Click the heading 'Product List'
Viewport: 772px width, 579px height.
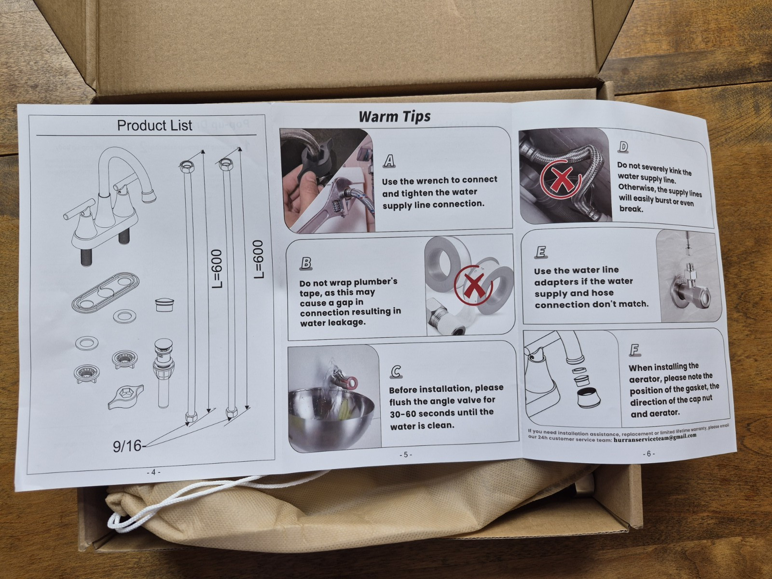coord(154,125)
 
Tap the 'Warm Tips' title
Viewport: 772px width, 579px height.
coord(395,116)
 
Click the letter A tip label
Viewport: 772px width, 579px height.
coord(388,161)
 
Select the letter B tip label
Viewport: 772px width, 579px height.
coord(306,263)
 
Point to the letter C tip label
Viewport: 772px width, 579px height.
coord(396,372)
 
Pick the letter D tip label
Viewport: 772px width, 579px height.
coord(623,147)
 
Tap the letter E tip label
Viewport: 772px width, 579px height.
coord(540,252)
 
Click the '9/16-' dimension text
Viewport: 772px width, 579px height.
coord(128,446)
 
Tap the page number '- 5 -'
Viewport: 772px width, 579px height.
coord(405,455)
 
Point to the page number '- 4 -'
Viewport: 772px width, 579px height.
coord(153,472)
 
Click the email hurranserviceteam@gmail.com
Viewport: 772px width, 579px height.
coord(655,437)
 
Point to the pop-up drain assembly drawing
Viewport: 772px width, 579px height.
coord(164,372)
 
